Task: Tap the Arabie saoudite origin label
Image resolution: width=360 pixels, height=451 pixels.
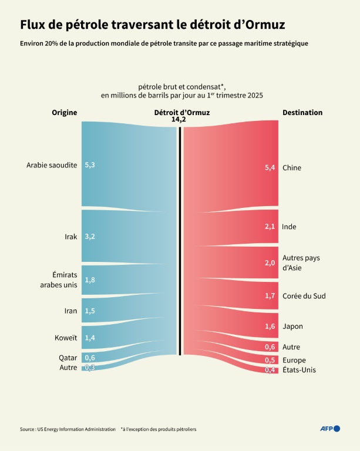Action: [x=52, y=165]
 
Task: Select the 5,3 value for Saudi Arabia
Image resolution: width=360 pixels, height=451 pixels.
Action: [x=90, y=165]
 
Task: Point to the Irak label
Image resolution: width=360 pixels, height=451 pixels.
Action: [x=71, y=237]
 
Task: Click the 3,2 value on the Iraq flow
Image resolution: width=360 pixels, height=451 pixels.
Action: [x=90, y=237]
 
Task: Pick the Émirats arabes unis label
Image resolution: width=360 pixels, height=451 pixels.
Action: [x=60, y=280]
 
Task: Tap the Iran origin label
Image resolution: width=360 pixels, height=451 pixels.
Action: [x=70, y=311]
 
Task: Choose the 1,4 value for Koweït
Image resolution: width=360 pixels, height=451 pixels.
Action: [x=90, y=338]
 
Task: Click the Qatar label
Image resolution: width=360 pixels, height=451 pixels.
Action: [x=68, y=357]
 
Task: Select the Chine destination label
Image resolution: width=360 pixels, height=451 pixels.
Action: [x=292, y=168]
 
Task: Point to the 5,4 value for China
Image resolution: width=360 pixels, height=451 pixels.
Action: [x=270, y=168]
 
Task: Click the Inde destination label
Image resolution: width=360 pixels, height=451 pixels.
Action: [x=289, y=227]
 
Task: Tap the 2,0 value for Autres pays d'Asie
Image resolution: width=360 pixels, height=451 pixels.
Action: [x=270, y=262]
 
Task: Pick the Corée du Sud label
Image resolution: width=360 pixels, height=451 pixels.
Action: [x=304, y=296]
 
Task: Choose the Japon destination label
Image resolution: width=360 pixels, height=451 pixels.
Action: [x=292, y=326]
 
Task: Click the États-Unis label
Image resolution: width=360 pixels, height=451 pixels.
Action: [x=299, y=370]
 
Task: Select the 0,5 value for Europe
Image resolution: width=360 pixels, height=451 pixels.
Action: [x=270, y=360]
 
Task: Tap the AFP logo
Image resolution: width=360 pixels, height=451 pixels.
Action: [x=329, y=429]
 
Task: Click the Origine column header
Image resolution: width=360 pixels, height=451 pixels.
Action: [x=64, y=113]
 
